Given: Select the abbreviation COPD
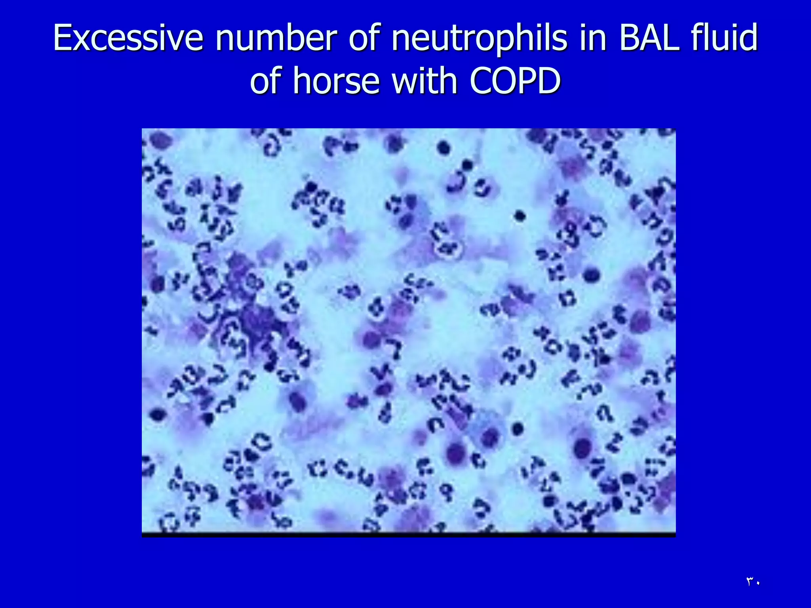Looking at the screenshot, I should [x=515, y=81].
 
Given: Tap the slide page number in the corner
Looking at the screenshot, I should [x=753, y=581].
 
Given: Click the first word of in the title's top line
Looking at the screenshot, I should [x=365, y=38].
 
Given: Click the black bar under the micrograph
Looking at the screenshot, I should [x=408, y=535].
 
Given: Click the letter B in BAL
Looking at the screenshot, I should [x=630, y=38].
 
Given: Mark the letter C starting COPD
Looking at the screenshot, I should [x=481, y=81].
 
